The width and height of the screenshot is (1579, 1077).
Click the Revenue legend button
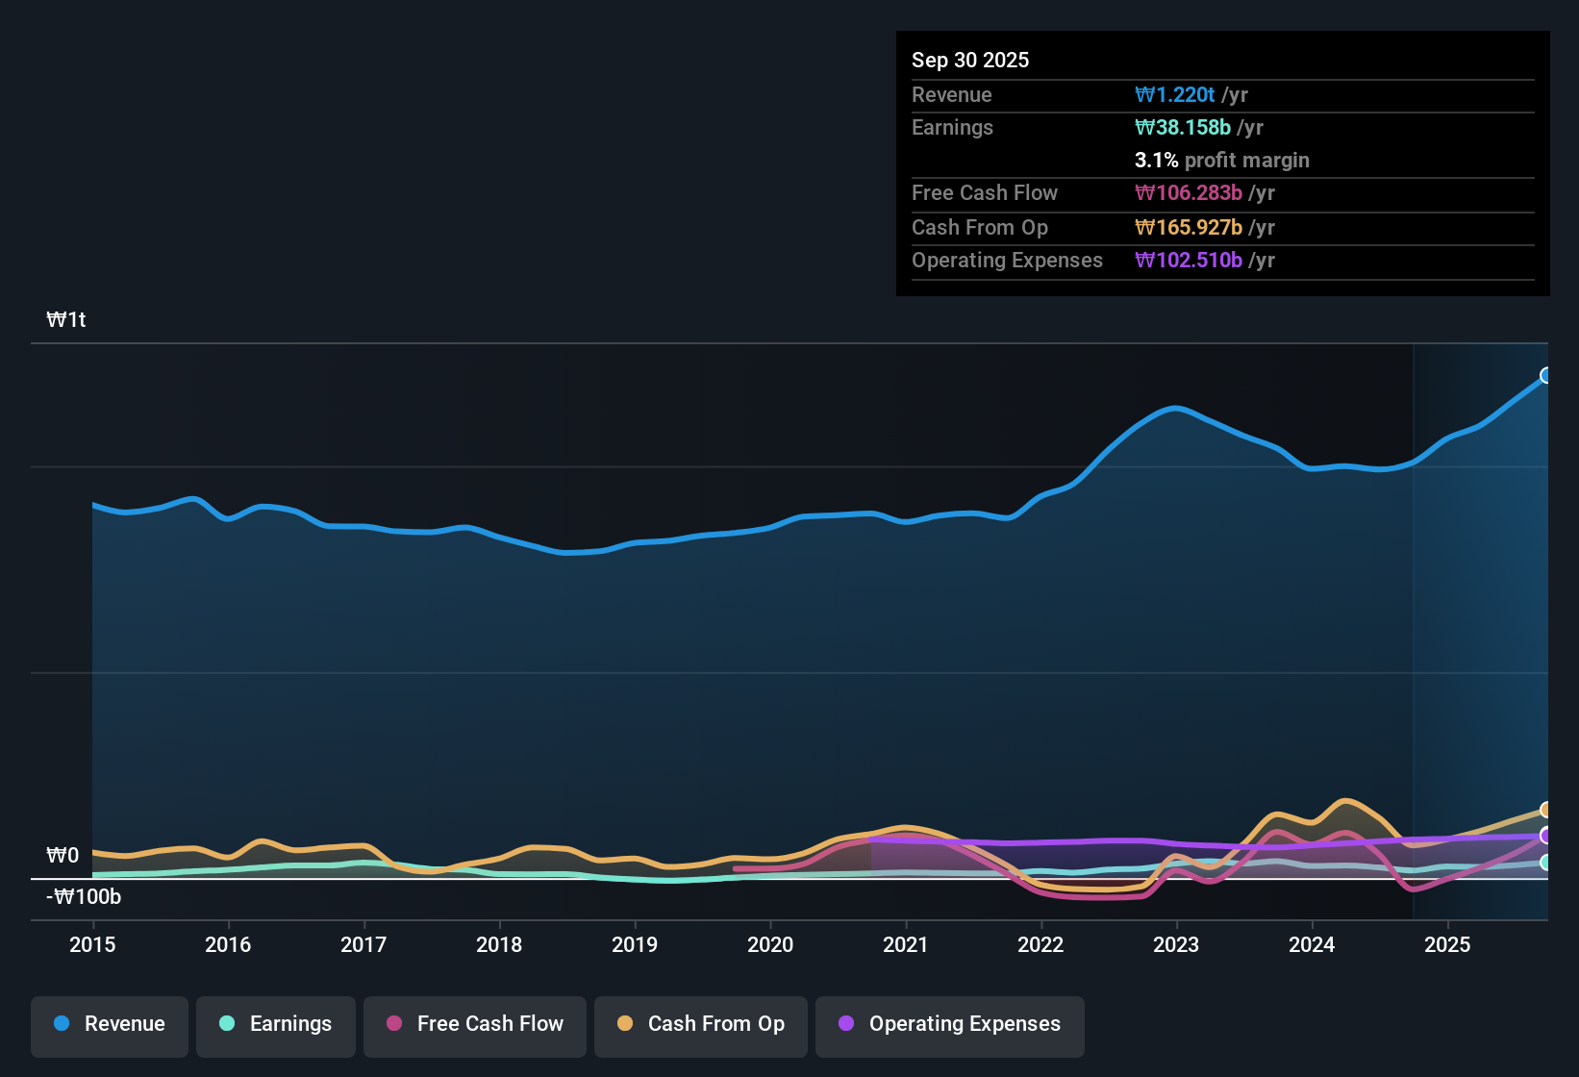point(110,1024)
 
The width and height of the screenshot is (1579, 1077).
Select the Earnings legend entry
point(276,1024)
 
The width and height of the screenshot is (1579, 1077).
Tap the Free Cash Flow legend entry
point(475,1024)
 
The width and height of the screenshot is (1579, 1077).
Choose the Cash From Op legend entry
point(701,1024)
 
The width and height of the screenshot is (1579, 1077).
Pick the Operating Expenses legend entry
point(950,1024)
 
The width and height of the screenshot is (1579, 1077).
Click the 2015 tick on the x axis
point(92,944)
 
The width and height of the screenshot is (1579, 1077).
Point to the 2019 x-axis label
point(635,944)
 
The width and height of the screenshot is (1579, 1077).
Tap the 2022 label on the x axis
point(1040,944)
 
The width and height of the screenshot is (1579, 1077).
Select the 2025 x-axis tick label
point(1447,944)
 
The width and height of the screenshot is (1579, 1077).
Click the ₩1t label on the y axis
point(66,320)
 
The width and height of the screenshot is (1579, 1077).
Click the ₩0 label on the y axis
point(63,856)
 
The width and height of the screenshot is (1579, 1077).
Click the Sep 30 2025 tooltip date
point(970,60)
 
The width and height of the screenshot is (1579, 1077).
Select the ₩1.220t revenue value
point(1175,94)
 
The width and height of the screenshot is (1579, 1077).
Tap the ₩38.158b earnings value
point(1183,127)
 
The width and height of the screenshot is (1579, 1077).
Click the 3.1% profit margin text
point(1221,160)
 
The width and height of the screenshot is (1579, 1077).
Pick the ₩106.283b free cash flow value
point(1189,192)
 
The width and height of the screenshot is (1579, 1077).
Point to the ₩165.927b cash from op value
point(1189,227)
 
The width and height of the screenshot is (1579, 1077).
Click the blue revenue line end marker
point(1546,375)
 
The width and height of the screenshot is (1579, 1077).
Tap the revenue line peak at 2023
point(1175,408)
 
